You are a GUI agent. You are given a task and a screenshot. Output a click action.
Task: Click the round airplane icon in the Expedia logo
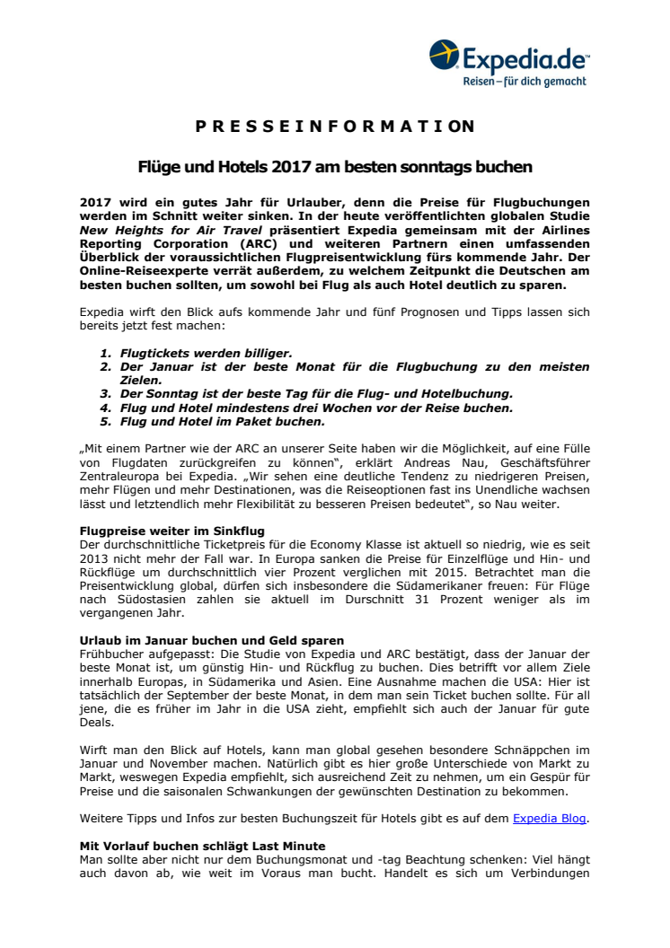[445, 56]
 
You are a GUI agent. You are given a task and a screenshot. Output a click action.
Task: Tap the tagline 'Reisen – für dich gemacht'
[525, 82]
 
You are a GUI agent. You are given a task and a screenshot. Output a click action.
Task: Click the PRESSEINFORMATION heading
[335, 126]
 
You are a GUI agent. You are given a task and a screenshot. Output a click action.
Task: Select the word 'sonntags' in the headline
[445, 167]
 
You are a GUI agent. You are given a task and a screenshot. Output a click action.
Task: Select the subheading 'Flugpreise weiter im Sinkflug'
[172, 531]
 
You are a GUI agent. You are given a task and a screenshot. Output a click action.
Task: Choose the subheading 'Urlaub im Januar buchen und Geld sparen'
[211, 640]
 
